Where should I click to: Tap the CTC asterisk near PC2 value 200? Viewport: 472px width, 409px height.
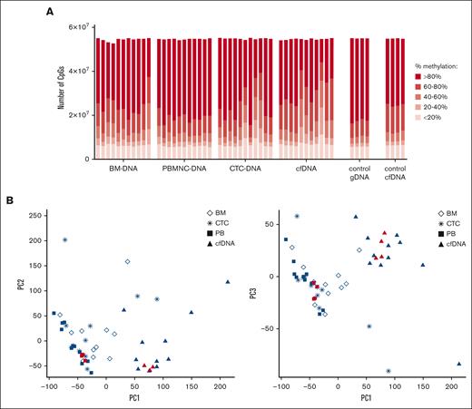pos(65,240)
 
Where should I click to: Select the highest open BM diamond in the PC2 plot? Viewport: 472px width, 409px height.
pos(127,261)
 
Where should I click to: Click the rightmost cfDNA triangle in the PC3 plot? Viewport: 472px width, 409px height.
pos(459,364)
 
